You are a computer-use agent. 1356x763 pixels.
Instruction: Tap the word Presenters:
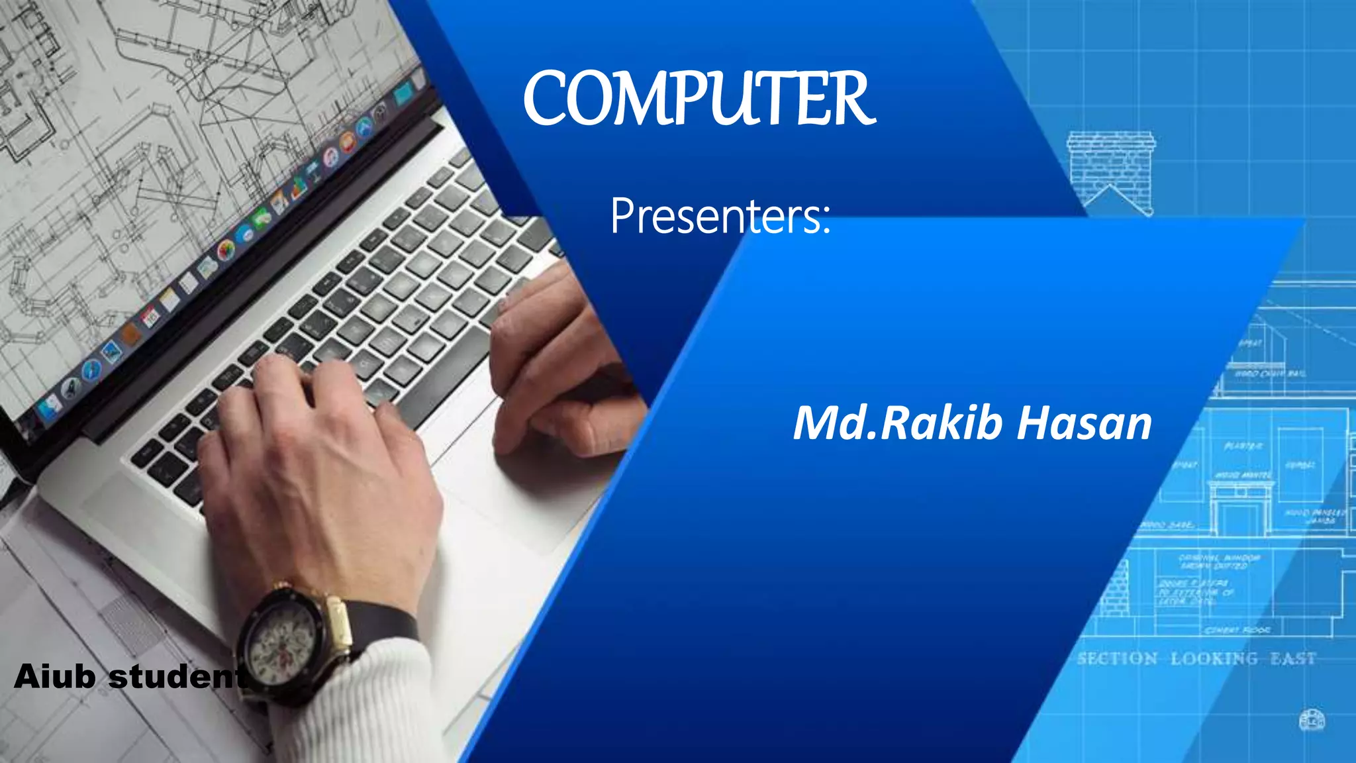[720, 216]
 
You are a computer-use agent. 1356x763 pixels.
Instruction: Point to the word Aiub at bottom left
[54, 677]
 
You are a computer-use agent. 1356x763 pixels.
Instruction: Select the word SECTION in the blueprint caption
[1117, 659]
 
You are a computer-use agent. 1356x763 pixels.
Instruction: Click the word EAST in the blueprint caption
[1292, 659]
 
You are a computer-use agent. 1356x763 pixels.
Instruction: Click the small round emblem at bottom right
[1312, 719]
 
